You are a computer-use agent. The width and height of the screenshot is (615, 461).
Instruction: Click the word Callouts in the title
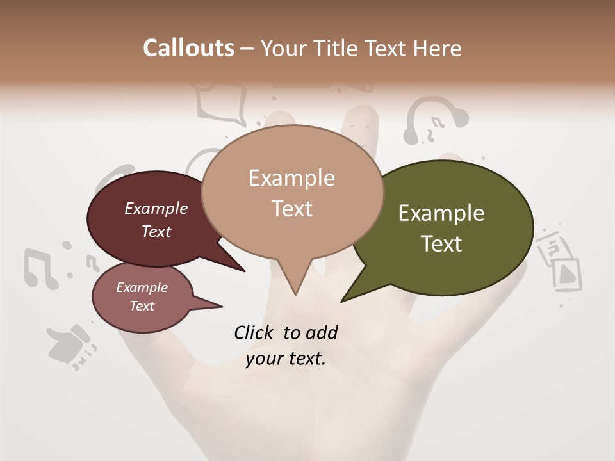[188, 48]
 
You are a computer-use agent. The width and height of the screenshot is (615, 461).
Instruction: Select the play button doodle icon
[567, 273]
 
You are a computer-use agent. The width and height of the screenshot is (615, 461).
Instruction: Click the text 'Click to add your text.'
[286, 346]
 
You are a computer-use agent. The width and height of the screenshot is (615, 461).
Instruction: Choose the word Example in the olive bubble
[441, 213]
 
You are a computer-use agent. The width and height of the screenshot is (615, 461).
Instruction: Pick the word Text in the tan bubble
[292, 209]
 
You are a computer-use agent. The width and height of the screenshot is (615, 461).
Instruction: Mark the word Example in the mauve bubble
[142, 287]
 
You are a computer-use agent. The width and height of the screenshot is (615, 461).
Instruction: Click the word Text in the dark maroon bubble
[156, 231]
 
